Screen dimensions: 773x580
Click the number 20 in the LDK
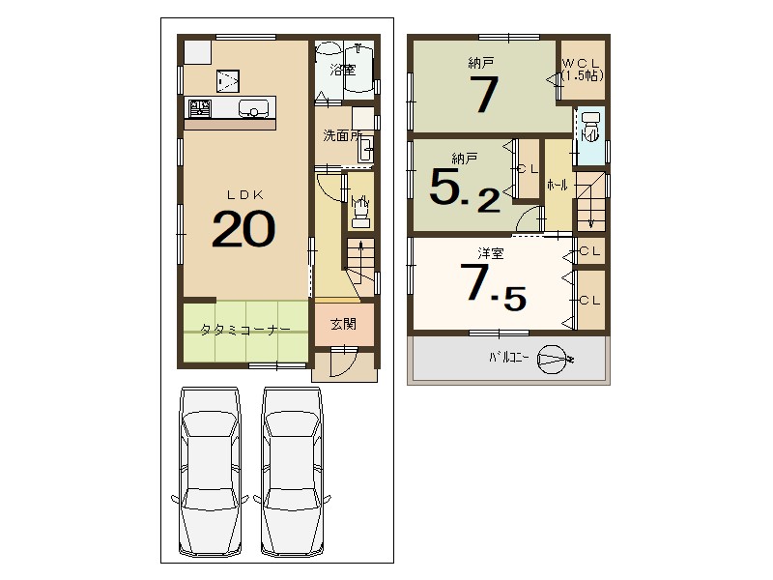(x=243, y=229)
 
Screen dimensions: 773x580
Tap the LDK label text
(x=245, y=195)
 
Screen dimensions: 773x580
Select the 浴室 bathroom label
(x=343, y=70)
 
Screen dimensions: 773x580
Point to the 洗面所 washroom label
(x=342, y=135)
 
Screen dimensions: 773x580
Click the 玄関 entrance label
(x=343, y=324)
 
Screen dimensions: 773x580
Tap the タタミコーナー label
(x=245, y=330)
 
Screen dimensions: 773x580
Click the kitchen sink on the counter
(x=254, y=108)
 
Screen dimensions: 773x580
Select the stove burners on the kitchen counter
(x=200, y=108)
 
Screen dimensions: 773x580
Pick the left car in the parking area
(x=210, y=471)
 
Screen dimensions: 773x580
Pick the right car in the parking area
(x=292, y=471)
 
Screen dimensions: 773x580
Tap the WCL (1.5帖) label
(x=582, y=70)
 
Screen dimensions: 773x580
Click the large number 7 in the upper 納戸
(x=484, y=94)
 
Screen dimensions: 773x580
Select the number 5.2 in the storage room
(x=465, y=189)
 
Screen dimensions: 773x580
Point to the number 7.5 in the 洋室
(x=493, y=286)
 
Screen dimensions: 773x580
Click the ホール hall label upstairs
(x=558, y=185)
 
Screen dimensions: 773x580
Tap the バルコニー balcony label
(x=509, y=358)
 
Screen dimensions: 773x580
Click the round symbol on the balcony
(x=552, y=359)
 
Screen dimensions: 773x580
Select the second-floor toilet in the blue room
(x=590, y=127)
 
